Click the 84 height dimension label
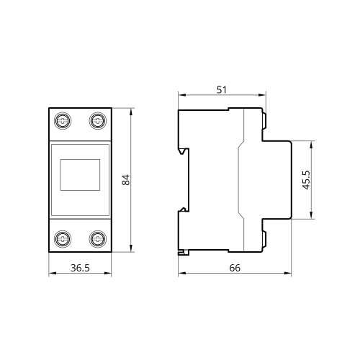tap(126, 180)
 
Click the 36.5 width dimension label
tap(80, 268)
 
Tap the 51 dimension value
tap(222, 90)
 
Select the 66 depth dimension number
tap(235, 268)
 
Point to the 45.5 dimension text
tap(306, 180)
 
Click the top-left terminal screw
tap(63, 121)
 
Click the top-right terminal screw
tap(98, 121)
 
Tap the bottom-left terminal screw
tap(63, 239)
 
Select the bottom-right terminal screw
tap(98, 239)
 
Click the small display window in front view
tap(80, 175)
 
